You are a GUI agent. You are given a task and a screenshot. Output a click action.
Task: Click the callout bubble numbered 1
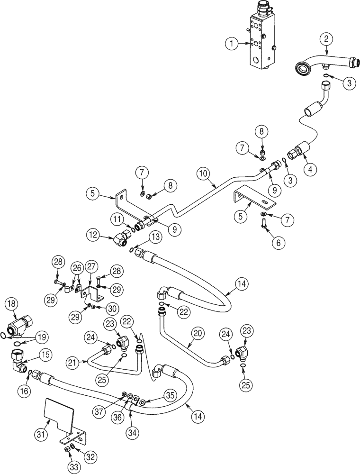(231, 44)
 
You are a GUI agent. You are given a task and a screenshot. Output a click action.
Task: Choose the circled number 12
(94, 235)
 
